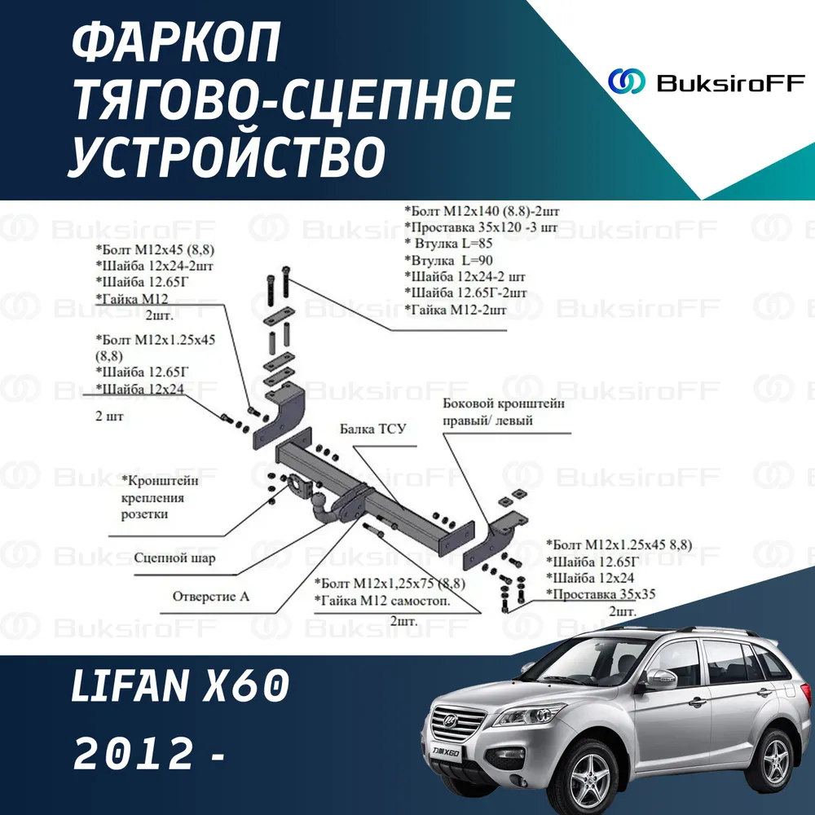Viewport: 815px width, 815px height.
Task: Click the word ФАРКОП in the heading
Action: coord(176,44)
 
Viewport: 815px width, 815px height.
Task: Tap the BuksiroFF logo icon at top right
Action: coord(626,81)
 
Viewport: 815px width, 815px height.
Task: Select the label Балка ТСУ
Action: coord(372,429)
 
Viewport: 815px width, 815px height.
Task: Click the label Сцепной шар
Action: coord(174,557)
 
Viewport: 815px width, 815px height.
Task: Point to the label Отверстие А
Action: coord(211,597)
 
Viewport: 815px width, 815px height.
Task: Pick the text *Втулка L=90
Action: coord(448,260)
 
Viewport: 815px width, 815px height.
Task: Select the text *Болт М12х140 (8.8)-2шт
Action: coord(482,211)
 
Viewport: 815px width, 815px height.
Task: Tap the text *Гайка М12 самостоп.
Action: coord(382,601)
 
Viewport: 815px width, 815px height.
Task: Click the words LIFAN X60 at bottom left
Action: coord(180,686)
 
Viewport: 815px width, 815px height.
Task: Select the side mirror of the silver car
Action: coord(660,678)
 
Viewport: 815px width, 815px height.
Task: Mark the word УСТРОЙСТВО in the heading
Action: coord(227,155)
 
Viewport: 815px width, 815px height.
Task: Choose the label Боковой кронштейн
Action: coord(503,403)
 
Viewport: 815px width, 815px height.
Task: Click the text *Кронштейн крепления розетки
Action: coord(160,497)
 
